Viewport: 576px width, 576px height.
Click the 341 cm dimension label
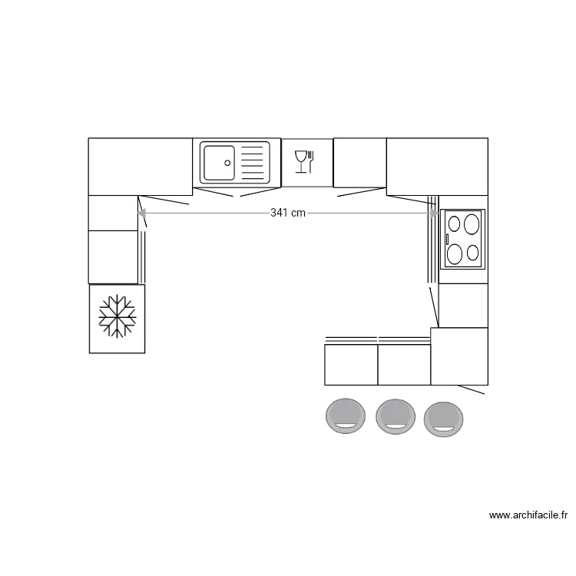(288, 213)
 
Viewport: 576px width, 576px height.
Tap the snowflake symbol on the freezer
(117, 316)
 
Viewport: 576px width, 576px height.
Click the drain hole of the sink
(227, 162)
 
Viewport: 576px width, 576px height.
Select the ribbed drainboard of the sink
(253, 162)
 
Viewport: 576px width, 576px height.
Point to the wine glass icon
(300, 161)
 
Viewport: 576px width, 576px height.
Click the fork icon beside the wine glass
(311, 161)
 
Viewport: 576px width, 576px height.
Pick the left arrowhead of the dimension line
(141, 213)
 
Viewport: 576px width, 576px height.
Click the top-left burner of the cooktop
(454, 224)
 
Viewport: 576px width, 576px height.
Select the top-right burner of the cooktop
(472, 224)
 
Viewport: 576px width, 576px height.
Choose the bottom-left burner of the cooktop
(455, 253)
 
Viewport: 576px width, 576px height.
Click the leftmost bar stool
(346, 415)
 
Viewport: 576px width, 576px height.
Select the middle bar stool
(396, 416)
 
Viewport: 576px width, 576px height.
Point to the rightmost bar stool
(444, 419)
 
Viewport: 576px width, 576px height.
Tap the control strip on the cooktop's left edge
(446, 239)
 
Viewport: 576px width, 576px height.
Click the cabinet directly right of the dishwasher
(359, 162)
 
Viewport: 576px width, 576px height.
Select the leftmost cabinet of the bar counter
(351, 365)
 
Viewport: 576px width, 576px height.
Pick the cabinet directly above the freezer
(113, 257)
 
